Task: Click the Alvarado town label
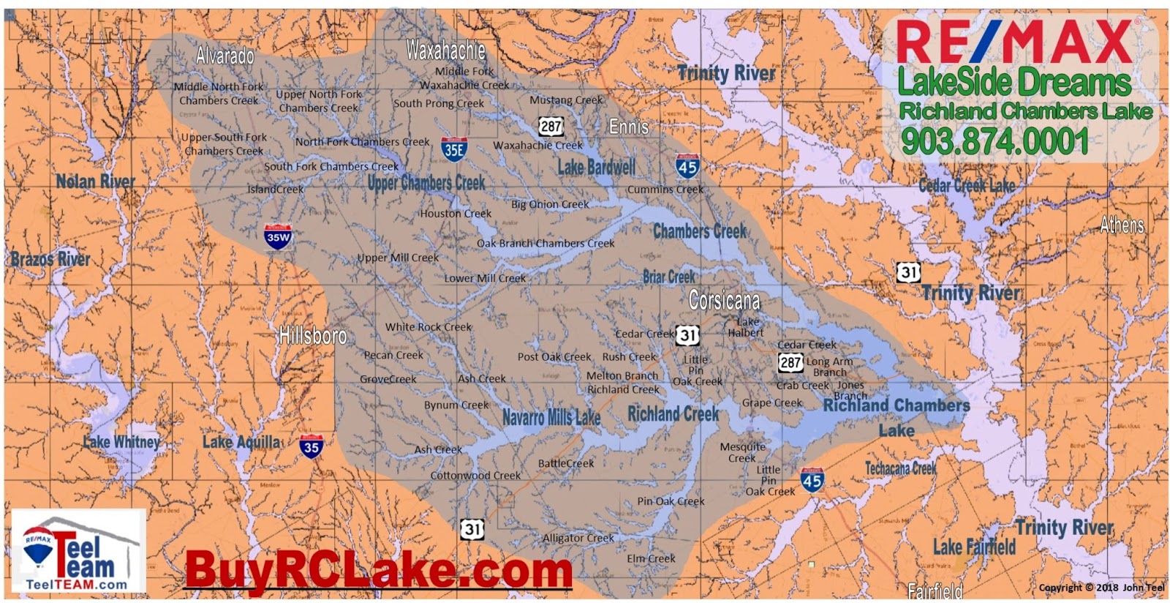224,56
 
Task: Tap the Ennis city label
628,127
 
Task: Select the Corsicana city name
724,300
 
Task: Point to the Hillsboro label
313,336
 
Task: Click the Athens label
1122,225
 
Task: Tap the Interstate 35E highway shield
454,149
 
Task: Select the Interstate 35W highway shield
278,236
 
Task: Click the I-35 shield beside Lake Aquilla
311,446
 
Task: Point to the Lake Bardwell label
597,168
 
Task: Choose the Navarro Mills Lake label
551,418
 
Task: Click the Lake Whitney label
121,441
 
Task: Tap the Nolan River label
96,181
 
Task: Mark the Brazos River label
50,258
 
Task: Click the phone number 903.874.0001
994,141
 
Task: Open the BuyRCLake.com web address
378,569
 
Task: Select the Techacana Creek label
900,468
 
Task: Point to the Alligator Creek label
578,538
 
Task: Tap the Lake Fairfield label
974,547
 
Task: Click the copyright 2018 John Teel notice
1101,587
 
